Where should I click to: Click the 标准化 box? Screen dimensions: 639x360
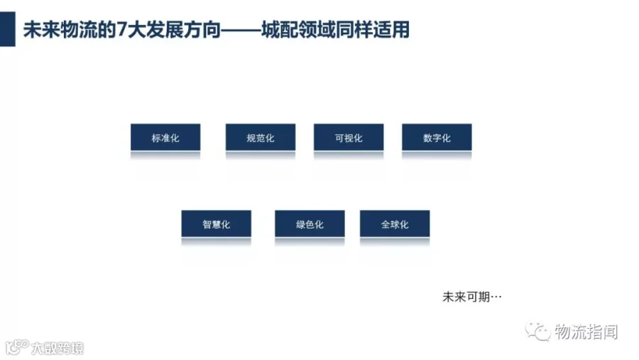(165, 137)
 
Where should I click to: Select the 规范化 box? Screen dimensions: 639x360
(261, 137)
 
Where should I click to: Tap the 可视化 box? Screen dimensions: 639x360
(349, 137)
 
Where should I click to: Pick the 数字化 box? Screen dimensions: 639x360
(437, 137)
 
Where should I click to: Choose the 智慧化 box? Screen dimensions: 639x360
(217, 224)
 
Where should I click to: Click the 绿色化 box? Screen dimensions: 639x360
(310, 224)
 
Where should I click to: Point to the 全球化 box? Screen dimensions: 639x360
(395, 224)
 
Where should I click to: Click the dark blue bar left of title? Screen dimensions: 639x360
(7, 29)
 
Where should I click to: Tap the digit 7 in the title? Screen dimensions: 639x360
(121, 30)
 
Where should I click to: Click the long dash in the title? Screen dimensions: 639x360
(241, 30)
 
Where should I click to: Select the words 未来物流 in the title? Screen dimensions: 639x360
(60, 30)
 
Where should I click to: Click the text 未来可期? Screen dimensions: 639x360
(466, 297)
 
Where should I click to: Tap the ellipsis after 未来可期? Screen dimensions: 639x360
(496, 298)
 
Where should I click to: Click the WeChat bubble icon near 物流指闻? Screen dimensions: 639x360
(538, 331)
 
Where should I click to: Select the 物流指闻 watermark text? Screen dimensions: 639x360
(586, 332)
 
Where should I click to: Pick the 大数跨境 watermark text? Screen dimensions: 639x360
(58, 348)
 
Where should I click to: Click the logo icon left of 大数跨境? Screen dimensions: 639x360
(17, 347)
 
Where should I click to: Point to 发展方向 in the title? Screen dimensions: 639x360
(183, 30)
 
